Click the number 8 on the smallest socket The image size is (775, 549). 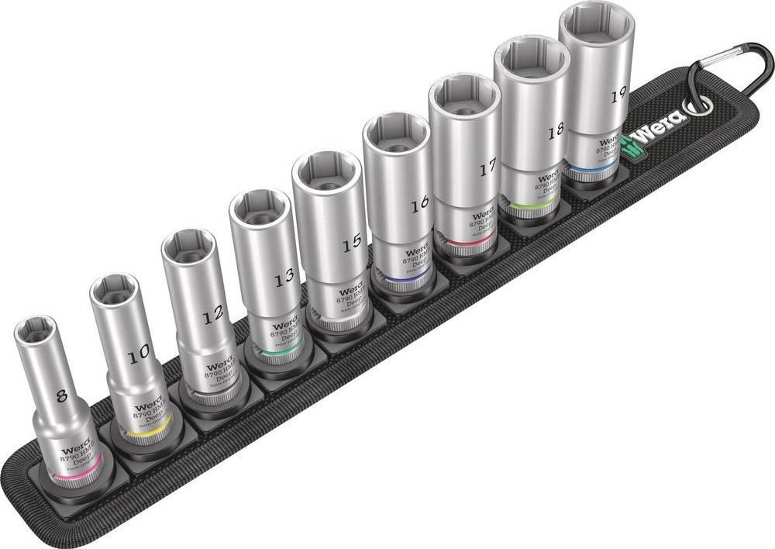(62, 394)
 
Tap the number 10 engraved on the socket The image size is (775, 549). (139, 355)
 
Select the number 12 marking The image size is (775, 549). (212, 314)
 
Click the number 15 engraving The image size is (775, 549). (352, 242)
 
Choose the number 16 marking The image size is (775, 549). (420, 205)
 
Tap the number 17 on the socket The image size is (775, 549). (487, 169)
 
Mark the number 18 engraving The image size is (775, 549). (555, 131)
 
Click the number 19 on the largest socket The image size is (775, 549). (618, 95)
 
